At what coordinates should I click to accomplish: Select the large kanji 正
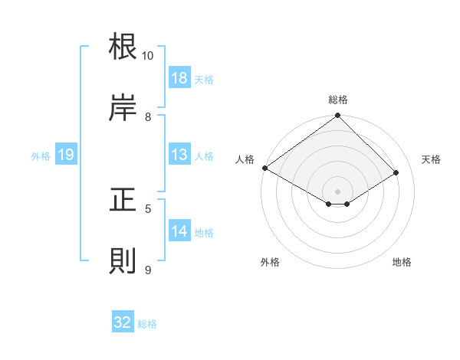coord(123,201)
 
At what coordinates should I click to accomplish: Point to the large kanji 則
coord(123,260)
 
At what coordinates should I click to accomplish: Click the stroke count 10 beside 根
coord(148,56)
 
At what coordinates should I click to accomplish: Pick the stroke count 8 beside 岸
coord(148,116)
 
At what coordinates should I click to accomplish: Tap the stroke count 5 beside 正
coord(148,208)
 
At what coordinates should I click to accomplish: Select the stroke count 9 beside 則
coord(148,270)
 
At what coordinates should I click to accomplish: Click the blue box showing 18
coord(179,78)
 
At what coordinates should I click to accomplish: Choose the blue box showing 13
coord(179,155)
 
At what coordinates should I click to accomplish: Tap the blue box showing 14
coord(179,231)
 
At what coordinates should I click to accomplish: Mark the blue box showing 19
coord(66,155)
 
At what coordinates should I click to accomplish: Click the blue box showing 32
coord(123,322)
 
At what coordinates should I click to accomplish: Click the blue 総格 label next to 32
coord(147,324)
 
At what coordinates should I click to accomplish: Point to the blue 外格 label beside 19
coord(41,155)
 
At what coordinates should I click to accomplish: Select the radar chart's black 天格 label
coord(431,159)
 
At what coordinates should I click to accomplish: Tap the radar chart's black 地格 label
coord(402,262)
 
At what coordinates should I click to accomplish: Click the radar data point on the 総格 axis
coord(337,116)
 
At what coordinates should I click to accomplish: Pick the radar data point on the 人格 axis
coord(264,168)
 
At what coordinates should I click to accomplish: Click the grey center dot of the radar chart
coord(337,191)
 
